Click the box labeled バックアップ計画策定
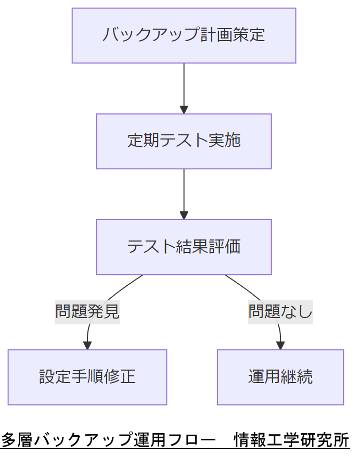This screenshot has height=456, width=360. point(184,35)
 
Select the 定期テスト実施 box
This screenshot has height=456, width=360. point(184,141)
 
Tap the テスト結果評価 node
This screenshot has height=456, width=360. point(184,247)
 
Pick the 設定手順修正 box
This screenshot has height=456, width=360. point(87,377)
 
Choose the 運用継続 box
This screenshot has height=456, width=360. point(280,377)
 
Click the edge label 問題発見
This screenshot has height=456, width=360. point(87,311)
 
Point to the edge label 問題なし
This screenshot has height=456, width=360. point(280,311)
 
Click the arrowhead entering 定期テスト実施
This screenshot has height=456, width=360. point(184,110)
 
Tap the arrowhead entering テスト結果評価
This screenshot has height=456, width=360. point(184,216)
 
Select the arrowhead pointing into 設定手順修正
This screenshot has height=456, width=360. point(87,345)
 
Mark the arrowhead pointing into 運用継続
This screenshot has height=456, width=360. point(280,345)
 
